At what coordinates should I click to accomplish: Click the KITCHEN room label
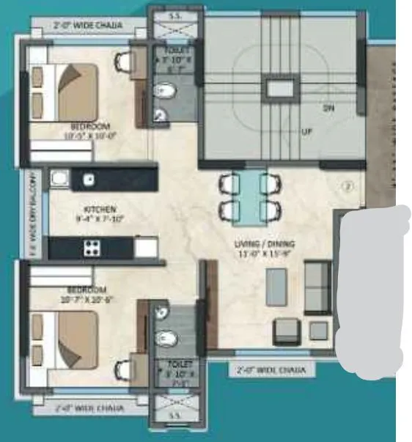click(x=100, y=209)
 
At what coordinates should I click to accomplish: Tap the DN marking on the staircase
click(x=328, y=108)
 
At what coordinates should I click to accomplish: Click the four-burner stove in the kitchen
click(x=92, y=246)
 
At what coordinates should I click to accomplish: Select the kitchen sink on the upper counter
click(x=89, y=179)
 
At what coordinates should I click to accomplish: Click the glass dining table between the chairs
click(x=249, y=196)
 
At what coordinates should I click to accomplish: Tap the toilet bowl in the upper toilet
click(x=166, y=90)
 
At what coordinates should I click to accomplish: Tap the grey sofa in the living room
click(x=316, y=287)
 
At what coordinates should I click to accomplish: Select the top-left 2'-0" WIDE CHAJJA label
click(x=88, y=26)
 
